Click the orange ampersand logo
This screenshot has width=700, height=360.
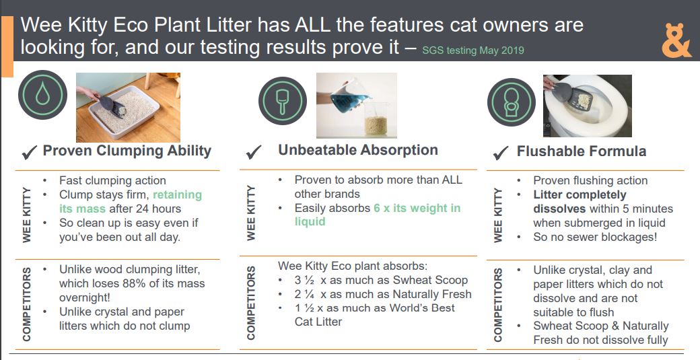tap(676, 40)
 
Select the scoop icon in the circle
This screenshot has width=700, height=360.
tap(283, 101)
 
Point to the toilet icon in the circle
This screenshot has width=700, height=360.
tap(511, 102)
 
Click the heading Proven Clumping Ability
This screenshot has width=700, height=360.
tap(127, 151)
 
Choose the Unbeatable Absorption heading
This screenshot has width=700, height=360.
tap(358, 150)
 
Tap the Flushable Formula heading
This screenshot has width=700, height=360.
tap(582, 151)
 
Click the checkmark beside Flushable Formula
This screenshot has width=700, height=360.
tap(501, 153)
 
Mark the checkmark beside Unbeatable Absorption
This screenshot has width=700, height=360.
tap(254, 153)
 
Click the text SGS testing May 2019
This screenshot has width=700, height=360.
tap(473, 50)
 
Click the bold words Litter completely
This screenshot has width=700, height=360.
tap(580, 195)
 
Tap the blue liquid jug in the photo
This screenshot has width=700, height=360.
tap(350, 96)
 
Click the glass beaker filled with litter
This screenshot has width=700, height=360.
tap(376, 120)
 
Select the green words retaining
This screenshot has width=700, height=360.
tap(177, 195)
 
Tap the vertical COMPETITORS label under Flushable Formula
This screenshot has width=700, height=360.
tap(498, 304)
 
